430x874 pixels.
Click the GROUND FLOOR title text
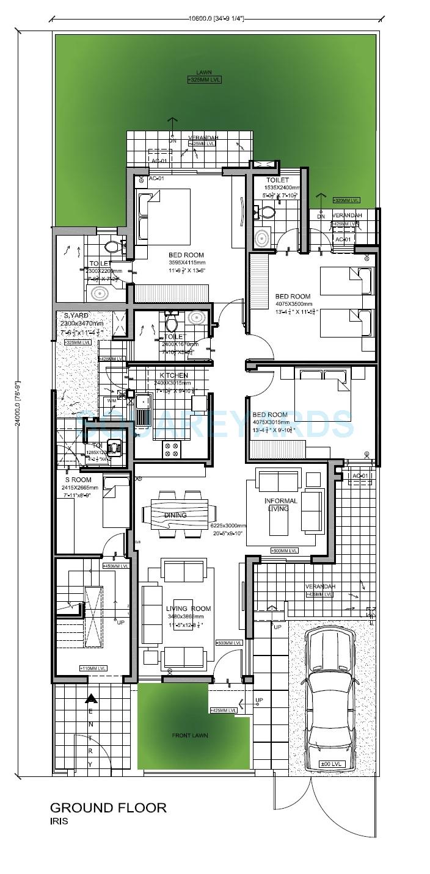point(107,807)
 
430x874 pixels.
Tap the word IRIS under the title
point(59,822)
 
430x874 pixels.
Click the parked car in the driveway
point(329,699)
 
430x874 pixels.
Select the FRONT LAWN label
point(190,735)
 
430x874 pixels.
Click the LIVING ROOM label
point(188,609)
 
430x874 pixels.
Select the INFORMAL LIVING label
point(280,505)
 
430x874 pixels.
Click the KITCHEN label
point(173,375)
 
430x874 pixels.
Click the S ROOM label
point(78,480)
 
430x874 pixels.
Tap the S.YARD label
point(76,316)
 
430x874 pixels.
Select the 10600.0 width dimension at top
point(216,18)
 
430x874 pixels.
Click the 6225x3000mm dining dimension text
point(227,525)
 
